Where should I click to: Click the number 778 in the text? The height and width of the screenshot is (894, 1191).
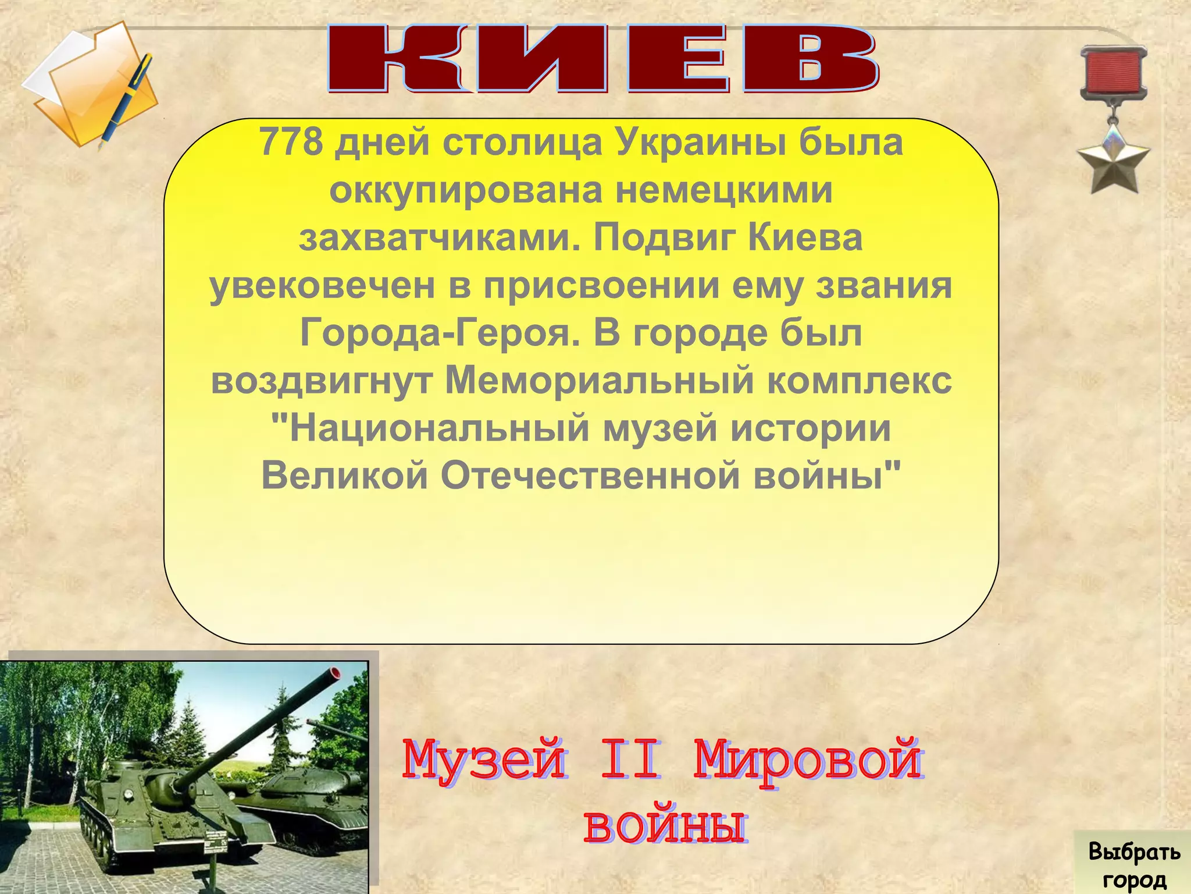click(x=290, y=143)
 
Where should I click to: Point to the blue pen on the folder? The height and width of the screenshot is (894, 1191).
click(x=127, y=99)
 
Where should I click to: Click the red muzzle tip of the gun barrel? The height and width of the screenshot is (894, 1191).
click(x=334, y=673)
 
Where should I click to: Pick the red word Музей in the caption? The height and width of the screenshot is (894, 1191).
click(x=483, y=760)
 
